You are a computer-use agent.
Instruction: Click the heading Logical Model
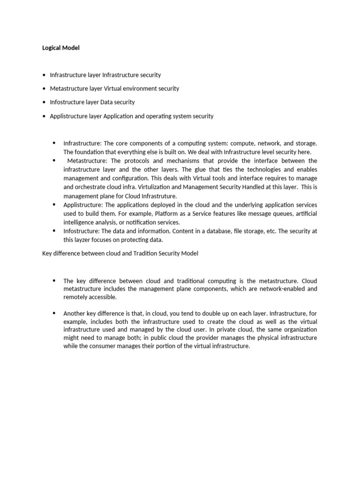point(61,48)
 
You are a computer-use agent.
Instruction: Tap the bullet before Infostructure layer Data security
point(44,102)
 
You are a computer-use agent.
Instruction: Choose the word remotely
point(77,297)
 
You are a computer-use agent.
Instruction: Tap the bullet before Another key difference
point(54,313)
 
